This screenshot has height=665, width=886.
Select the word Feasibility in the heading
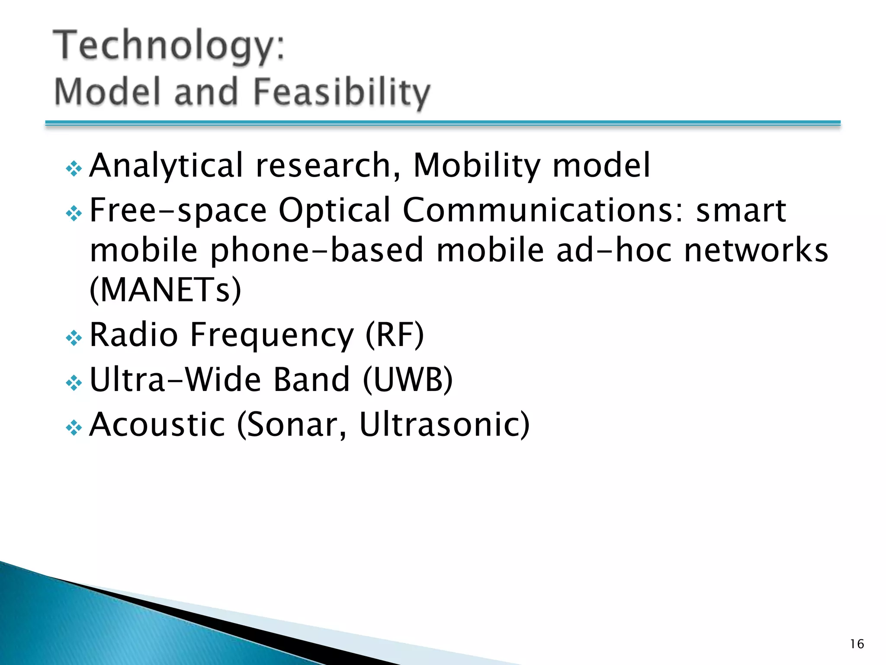341,92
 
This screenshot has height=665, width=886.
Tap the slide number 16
857,644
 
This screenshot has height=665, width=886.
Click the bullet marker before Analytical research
74,168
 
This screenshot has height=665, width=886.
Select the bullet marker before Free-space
74,213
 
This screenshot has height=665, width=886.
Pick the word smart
741,210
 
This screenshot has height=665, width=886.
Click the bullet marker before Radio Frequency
74,338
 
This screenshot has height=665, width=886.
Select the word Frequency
272,336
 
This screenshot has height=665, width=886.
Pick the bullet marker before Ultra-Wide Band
74,383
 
